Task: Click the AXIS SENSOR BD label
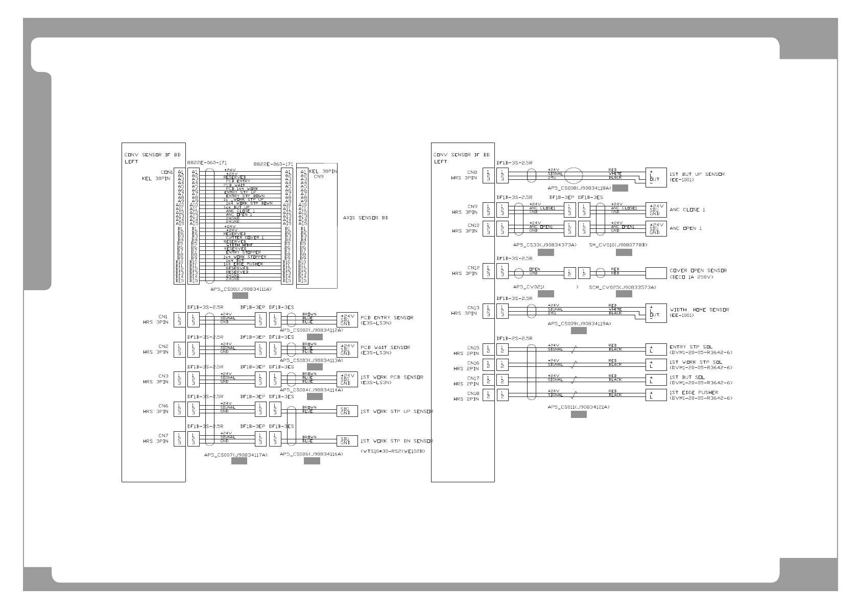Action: point(366,218)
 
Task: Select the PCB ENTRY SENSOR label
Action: point(387,318)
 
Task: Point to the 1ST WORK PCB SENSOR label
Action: point(392,377)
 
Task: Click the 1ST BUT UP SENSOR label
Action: point(697,174)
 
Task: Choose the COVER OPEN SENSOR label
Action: point(698,270)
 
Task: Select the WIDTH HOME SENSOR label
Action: point(699,310)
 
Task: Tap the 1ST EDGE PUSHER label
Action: point(694,392)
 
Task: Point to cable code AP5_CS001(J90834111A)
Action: point(241,289)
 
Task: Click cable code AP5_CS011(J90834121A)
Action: point(579,407)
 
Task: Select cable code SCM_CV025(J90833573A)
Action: point(623,287)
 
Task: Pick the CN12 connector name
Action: point(472,268)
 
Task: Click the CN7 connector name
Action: point(163,435)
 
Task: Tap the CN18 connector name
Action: point(472,393)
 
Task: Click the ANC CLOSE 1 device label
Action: point(687,209)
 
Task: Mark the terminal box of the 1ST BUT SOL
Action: point(656,380)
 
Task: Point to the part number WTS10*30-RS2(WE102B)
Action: point(393,452)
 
